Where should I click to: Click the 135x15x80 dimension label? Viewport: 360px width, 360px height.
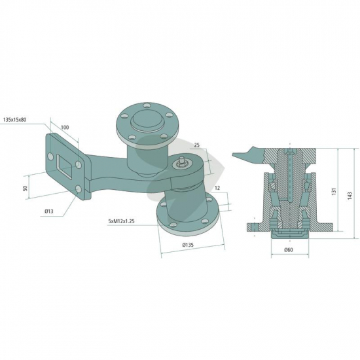point(14,120)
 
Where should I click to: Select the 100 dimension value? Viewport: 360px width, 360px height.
point(65,127)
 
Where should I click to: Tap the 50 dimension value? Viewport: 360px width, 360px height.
point(26,188)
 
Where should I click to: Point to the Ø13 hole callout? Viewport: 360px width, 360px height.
point(48,211)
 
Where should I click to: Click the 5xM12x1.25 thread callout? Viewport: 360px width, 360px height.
point(121,221)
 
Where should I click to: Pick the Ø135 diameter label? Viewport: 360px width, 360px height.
point(188,245)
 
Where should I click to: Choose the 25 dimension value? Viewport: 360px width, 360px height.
point(197,145)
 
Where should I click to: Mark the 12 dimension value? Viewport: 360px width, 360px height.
point(217,188)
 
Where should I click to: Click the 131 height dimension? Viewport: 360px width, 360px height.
point(334,191)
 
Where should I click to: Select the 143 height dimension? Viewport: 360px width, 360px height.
point(350,196)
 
